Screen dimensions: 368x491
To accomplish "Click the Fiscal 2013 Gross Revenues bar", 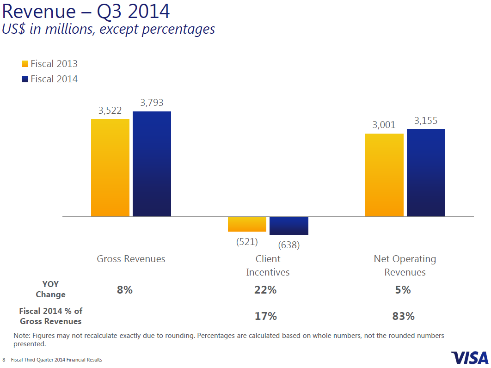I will point(110,167).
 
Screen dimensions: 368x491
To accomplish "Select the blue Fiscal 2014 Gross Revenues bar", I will point(152,164).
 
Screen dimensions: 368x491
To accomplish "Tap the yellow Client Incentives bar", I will point(247,224).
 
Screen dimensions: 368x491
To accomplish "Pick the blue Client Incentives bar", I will point(288,226).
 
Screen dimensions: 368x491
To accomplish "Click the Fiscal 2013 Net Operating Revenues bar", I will point(384,175).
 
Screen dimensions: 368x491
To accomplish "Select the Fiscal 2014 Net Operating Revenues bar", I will point(426,172).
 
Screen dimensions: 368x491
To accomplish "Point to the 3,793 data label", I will point(152,103).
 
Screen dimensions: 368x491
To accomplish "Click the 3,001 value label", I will point(384,125).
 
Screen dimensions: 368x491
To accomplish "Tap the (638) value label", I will point(288,245).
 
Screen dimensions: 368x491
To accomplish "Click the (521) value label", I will point(247,241).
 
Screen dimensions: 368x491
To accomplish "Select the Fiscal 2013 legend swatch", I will point(25,64).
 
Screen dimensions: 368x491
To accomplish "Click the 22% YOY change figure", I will point(265,290).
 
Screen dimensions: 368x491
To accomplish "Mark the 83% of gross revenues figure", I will point(403,316).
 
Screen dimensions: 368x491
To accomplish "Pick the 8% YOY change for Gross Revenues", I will point(124,290).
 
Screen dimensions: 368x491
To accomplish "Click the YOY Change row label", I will point(50,289).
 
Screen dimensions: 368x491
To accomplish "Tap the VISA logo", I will point(469,357).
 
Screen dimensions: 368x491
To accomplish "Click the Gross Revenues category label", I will point(131,259).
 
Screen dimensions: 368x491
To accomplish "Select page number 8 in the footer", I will point(4,360).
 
